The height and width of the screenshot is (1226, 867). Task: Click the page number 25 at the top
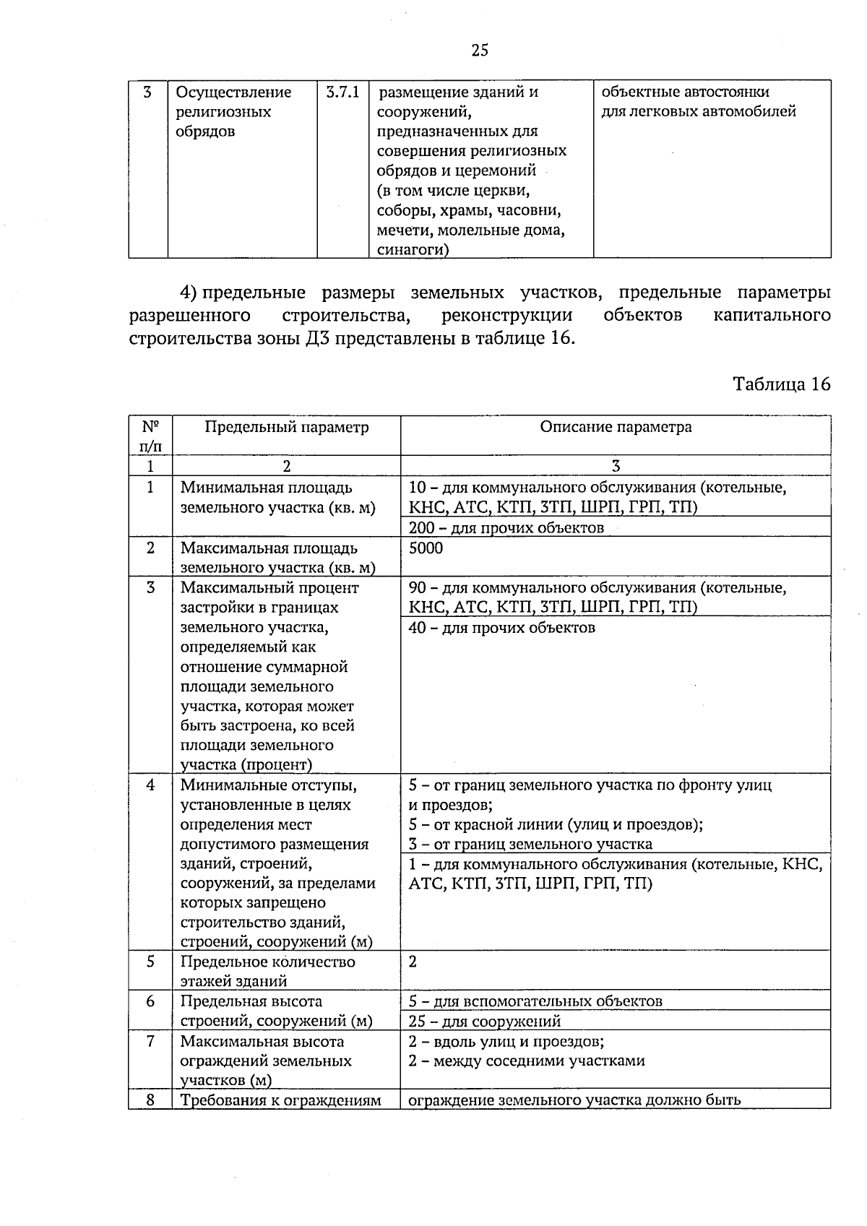(480, 50)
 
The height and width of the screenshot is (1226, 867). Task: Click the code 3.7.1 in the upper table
(342, 92)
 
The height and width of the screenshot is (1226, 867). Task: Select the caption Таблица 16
(782, 384)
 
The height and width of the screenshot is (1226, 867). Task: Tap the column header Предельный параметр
(286, 427)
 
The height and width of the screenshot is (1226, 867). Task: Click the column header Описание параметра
(616, 427)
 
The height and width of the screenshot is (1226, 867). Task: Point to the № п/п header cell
(150, 436)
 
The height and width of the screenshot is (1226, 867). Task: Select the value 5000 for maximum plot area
(426, 548)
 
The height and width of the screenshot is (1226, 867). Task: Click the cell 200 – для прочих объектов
(506, 528)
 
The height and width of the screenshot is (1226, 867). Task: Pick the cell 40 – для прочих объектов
(501, 628)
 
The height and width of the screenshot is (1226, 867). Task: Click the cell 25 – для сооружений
(484, 1022)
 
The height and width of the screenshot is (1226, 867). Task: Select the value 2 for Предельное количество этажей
(413, 962)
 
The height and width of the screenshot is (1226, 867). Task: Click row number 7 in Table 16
(150, 1042)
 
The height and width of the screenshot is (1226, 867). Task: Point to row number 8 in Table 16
(150, 1100)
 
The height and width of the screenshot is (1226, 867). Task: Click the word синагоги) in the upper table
(412, 250)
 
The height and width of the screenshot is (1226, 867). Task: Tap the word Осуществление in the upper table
(234, 92)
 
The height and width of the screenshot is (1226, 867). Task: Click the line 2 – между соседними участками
(526, 1061)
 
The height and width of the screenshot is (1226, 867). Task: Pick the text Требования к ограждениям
(280, 1101)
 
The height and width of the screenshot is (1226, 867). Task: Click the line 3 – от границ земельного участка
(530, 844)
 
